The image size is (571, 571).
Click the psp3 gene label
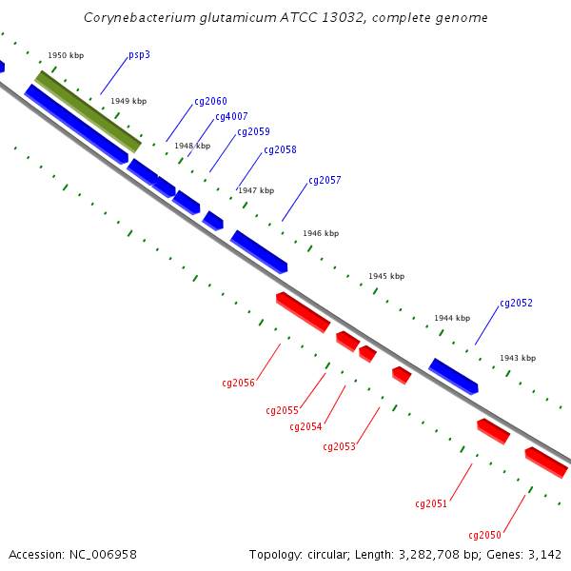tap(139, 55)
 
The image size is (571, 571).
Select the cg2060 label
tap(210, 101)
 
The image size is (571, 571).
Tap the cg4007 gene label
tap(231, 116)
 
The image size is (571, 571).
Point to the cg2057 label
tap(325, 180)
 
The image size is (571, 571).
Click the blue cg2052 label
tap(516, 303)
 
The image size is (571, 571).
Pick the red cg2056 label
tap(238, 384)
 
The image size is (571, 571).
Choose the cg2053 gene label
tap(339, 447)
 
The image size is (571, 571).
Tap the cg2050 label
tap(484, 535)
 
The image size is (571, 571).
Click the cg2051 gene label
tap(431, 504)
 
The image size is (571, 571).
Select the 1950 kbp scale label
tap(66, 55)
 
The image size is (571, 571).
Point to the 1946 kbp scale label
tap(321, 233)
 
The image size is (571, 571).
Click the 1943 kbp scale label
tap(518, 359)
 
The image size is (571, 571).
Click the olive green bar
tap(88, 111)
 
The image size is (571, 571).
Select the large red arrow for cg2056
tap(303, 312)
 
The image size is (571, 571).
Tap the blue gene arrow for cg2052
tap(453, 376)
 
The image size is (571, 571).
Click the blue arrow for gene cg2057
tap(259, 251)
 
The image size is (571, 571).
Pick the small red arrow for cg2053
tap(402, 375)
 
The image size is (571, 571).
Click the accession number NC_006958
tap(103, 555)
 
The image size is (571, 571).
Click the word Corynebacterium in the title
tap(140, 18)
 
